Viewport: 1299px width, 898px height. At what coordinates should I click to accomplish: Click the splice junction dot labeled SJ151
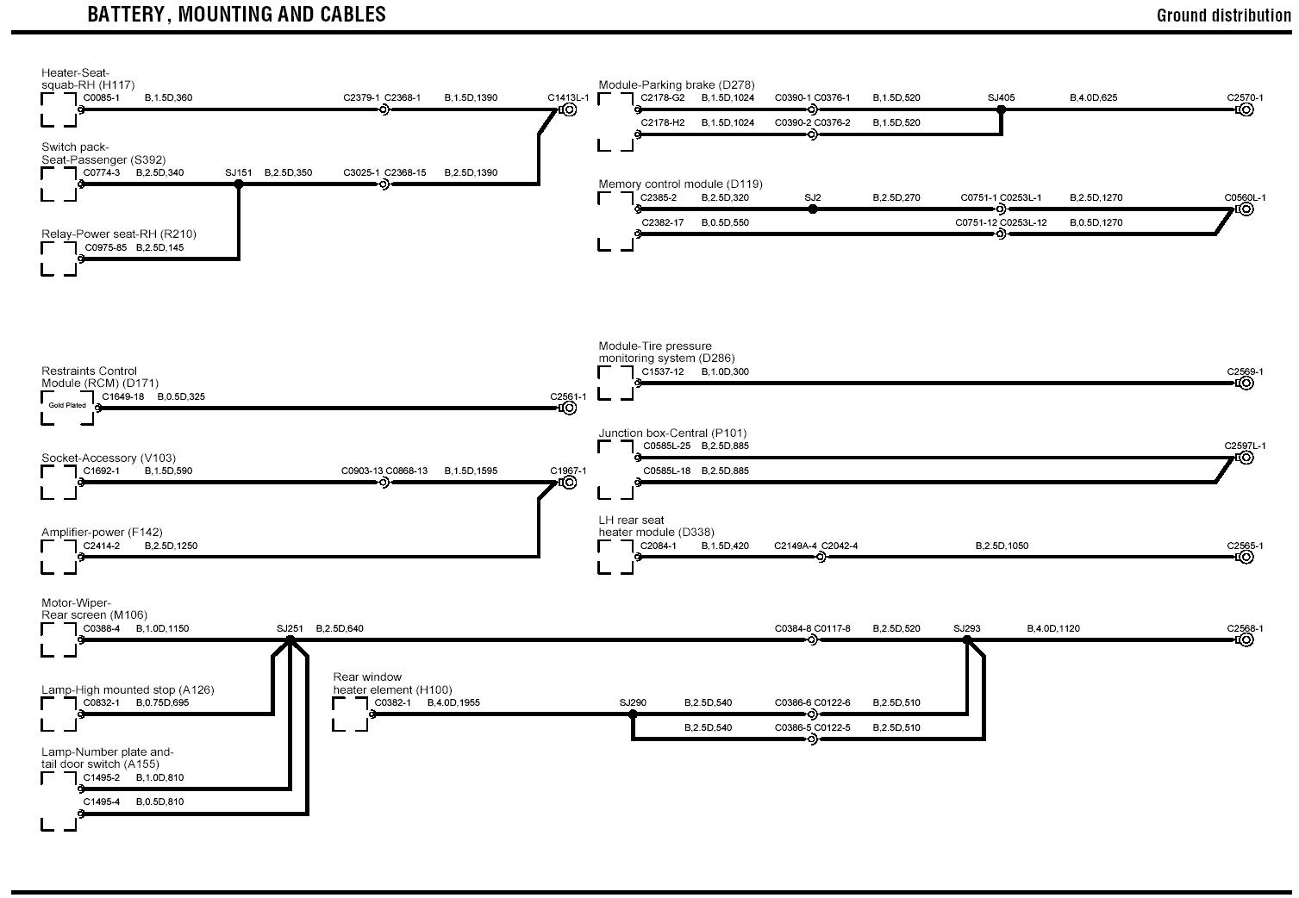click(239, 184)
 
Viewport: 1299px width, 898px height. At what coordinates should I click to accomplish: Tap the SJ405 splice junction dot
click(1001, 109)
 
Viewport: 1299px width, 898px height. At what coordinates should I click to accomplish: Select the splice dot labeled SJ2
click(813, 209)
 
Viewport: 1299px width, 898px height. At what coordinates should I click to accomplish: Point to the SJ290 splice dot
click(634, 714)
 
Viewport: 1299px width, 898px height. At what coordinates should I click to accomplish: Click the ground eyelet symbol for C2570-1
click(1246, 109)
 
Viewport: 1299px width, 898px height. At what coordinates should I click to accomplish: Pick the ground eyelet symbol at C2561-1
click(569, 408)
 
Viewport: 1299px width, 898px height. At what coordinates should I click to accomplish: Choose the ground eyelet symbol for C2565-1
click(1246, 557)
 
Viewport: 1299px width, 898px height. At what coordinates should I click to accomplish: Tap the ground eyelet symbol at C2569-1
click(1246, 383)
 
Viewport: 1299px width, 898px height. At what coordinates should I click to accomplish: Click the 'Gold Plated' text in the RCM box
click(67, 405)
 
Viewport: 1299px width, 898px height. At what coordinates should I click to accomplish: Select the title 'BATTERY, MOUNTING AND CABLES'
click(236, 15)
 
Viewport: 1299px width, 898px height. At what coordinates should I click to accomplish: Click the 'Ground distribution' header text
click(1223, 16)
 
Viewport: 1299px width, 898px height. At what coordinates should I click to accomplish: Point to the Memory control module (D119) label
click(680, 184)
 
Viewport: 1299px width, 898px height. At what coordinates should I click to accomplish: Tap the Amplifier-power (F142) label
click(102, 533)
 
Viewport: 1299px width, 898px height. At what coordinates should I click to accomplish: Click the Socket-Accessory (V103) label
click(109, 458)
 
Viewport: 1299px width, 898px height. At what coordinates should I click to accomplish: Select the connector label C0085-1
click(102, 97)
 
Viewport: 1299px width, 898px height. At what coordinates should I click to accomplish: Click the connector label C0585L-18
click(666, 471)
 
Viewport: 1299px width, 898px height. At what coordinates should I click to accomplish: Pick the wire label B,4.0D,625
click(1093, 97)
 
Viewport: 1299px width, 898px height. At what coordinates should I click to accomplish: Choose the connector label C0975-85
click(105, 247)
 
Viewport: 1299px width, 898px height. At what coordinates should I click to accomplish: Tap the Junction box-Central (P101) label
click(672, 433)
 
